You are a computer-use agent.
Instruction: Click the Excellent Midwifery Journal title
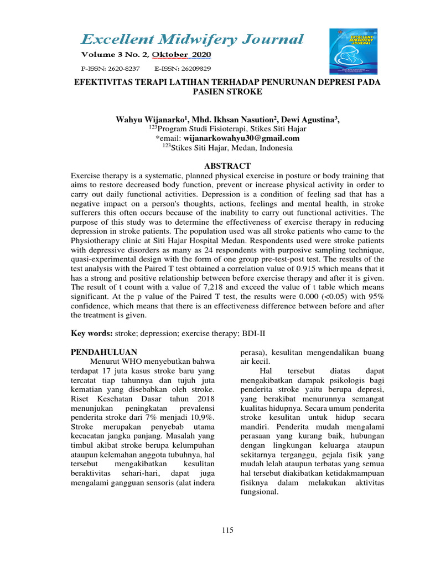[192, 39]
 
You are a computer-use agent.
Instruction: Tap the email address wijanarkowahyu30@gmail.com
[241, 138]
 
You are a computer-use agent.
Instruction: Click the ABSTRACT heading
[227, 166]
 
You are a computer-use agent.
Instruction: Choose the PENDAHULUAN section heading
[105, 352]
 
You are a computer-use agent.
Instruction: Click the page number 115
[227, 530]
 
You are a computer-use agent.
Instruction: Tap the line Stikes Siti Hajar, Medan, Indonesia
[231, 148]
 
